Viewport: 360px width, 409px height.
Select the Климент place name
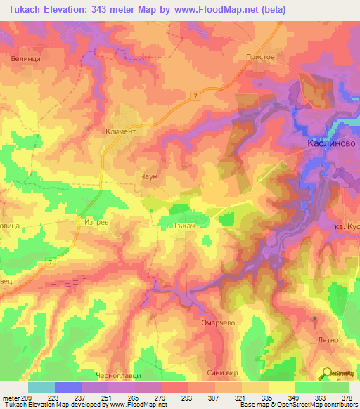pos(120,131)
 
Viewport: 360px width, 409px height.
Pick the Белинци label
pos(25,59)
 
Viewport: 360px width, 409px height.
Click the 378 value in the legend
pos(347,398)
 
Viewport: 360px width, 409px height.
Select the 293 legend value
pos(188,398)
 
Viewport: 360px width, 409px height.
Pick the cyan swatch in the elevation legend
pos(41,387)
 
